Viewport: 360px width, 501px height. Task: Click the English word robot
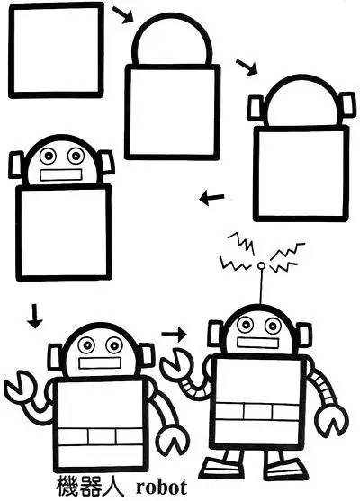pos(161,488)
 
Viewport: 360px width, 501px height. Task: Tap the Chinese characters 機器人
pos(90,487)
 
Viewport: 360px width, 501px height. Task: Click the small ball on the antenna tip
pos(261,266)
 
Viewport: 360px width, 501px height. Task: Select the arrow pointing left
pos(211,198)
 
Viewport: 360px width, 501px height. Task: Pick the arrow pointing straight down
pos(34,316)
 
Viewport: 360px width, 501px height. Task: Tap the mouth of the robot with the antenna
pos(257,343)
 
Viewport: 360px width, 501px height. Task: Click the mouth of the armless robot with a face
pos(60,174)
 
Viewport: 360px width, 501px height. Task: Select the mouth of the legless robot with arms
pos(100,363)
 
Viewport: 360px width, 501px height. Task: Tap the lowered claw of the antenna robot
pos(332,420)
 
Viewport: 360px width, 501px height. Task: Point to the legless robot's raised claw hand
pos(18,386)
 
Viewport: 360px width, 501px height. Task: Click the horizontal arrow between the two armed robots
pos(174,334)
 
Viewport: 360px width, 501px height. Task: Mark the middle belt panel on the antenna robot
pos(257,412)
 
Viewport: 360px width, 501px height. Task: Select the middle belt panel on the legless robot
pos(102,436)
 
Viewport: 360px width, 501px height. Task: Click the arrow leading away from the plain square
pos(122,14)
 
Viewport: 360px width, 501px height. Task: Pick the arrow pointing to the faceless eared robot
pos(247,67)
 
